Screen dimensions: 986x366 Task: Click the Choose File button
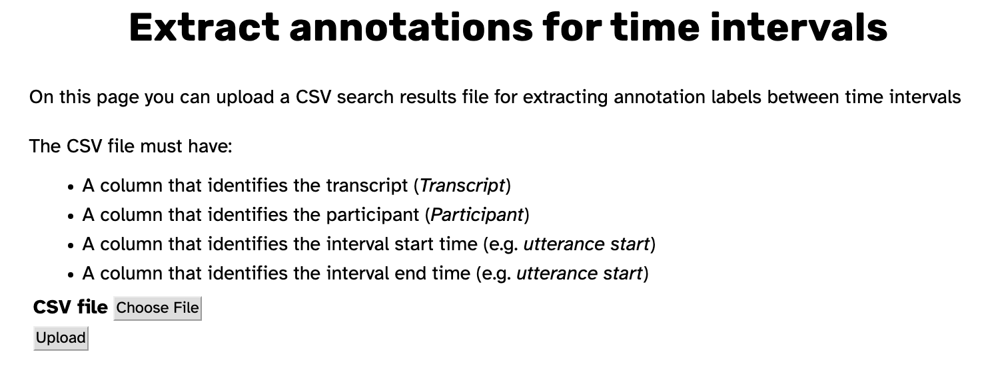pyautogui.click(x=158, y=308)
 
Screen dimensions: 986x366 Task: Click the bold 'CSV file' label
pyautogui.click(x=71, y=307)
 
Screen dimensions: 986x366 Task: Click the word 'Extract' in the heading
pyautogui.click(x=204, y=27)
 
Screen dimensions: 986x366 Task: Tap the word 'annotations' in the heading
pyautogui.click(x=410, y=27)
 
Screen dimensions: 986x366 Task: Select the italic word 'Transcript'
pyautogui.click(x=462, y=186)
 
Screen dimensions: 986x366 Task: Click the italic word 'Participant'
pyautogui.click(x=477, y=215)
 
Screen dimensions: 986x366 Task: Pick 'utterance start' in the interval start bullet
pyautogui.click(x=586, y=244)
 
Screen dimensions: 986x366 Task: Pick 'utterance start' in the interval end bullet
pyautogui.click(x=580, y=274)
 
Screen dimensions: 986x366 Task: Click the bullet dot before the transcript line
pyautogui.click(x=71, y=187)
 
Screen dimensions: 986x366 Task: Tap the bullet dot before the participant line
pyautogui.click(x=71, y=216)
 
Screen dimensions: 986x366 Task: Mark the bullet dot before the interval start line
pyautogui.click(x=71, y=246)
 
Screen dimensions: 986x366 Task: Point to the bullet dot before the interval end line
pyautogui.click(x=71, y=275)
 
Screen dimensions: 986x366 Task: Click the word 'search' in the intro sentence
pyautogui.click(x=365, y=96)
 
